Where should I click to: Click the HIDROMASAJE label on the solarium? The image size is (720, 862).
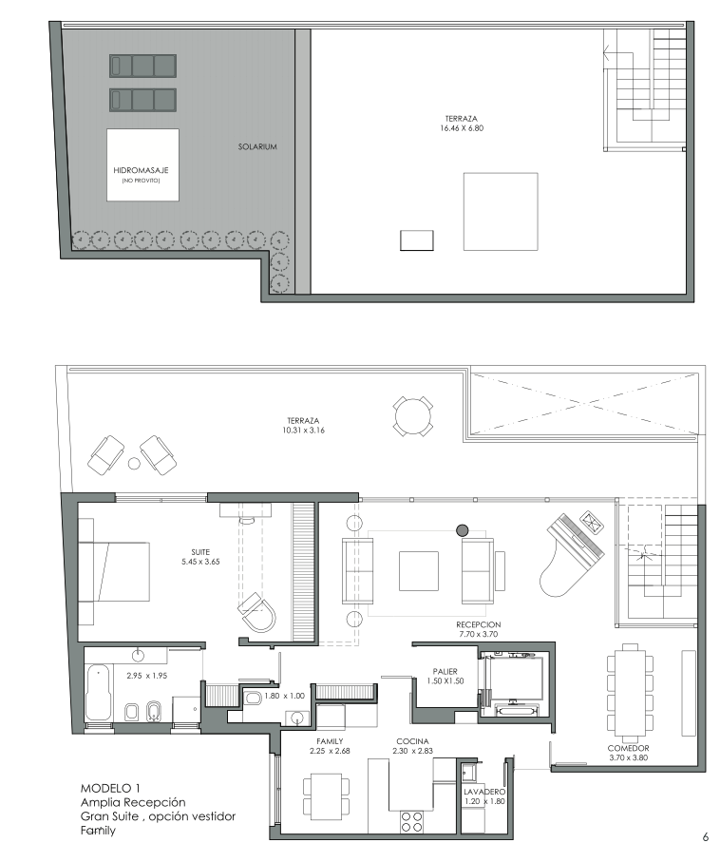(x=141, y=170)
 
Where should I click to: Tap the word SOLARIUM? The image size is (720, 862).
(x=257, y=146)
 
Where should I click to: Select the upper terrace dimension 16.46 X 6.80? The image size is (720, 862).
(x=462, y=128)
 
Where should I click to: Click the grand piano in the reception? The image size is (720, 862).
(x=572, y=552)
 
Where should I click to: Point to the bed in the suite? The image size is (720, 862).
(x=114, y=572)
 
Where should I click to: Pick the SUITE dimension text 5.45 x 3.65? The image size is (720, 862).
(x=200, y=562)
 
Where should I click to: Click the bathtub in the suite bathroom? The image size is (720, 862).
(x=99, y=693)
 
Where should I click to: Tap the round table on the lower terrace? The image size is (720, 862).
(x=413, y=416)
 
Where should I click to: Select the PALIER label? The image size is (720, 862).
(x=445, y=671)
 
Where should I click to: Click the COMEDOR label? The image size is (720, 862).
(x=628, y=748)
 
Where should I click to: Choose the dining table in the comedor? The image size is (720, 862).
(x=631, y=693)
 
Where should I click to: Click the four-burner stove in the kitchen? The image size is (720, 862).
(x=411, y=823)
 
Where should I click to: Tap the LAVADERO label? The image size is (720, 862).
(x=484, y=792)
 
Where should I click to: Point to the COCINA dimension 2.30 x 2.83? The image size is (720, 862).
(x=413, y=751)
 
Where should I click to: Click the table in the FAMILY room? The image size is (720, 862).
(x=327, y=794)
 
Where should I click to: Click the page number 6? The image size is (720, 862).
(x=706, y=838)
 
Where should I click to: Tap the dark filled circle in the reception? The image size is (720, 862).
(x=463, y=530)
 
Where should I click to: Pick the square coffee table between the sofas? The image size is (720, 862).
(x=419, y=570)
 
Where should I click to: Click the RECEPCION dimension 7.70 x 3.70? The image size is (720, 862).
(x=478, y=634)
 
